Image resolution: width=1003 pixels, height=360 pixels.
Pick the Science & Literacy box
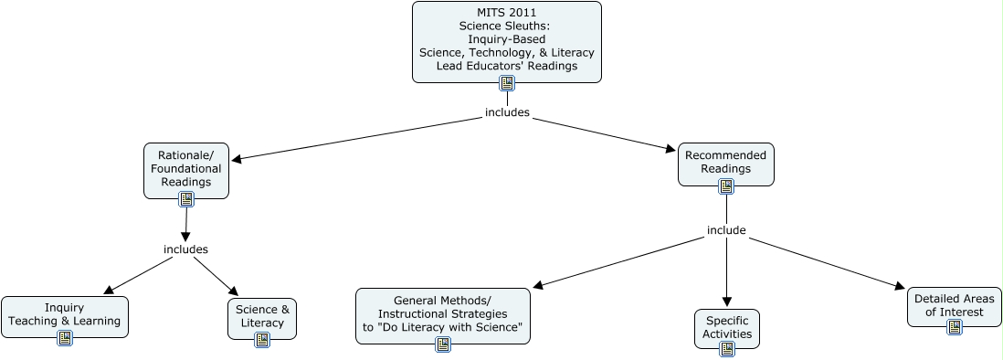pyautogui.click(x=262, y=314)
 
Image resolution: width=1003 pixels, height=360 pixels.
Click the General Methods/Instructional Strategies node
pyautogui.click(x=442, y=311)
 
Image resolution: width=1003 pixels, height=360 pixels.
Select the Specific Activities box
pyautogui.click(x=727, y=325)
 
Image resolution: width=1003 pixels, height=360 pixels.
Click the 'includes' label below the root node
pyautogui.click(x=507, y=113)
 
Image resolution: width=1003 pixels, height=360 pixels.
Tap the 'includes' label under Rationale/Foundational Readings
pyautogui.click(x=185, y=249)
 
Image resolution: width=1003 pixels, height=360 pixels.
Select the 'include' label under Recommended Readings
pyautogui.click(x=726, y=230)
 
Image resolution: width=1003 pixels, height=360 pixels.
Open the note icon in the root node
pyautogui.click(x=507, y=83)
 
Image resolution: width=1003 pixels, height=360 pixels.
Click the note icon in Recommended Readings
pyautogui.click(x=726, y=185)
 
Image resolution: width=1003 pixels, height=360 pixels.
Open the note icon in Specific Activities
pyautogui.click(x=727, y=348)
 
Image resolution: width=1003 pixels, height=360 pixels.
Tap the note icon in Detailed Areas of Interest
pyautogui.click(x=955, y=326)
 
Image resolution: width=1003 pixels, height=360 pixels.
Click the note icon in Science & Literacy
pyautogui.click(x=262, y=340)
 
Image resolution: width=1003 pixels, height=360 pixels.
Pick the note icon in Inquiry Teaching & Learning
pyautogui.click(x=65, y=338)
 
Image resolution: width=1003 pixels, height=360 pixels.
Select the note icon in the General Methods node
pyautogui.click(x=443, y=344)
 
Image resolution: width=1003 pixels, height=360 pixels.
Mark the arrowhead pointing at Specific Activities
pyautogui.click(x=727, y=302)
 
